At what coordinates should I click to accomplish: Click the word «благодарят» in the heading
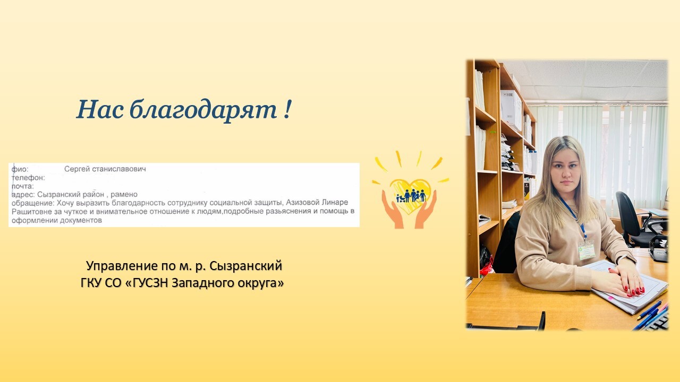(203, 110)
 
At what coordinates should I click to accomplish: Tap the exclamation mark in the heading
(287, 109)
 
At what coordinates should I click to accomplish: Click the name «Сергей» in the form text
(77, 169)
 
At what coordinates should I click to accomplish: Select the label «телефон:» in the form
(28, 178)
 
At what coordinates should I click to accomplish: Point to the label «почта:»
(23, 186)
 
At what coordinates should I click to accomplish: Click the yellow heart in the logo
(411, 194)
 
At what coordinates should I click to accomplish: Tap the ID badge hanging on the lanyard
(586, 250)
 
